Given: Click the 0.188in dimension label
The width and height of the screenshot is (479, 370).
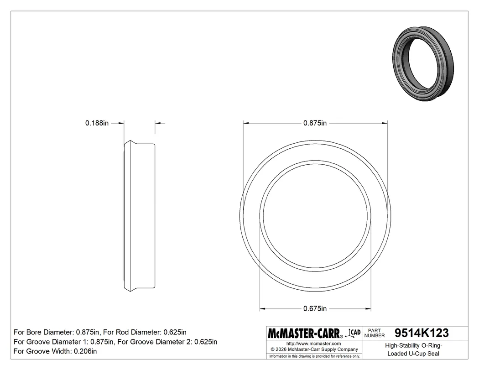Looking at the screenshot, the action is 97,123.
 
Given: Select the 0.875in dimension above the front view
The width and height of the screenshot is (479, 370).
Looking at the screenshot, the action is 315,123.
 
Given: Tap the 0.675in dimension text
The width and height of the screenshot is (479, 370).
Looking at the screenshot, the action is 315,309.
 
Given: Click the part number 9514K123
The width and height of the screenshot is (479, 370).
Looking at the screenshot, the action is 422,333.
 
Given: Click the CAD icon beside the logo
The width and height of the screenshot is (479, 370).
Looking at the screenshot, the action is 353,333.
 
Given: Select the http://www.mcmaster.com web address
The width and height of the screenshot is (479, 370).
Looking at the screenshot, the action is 313,344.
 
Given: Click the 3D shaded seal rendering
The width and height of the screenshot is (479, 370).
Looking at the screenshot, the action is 423,63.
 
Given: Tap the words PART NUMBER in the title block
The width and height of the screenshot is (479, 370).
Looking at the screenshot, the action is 375,333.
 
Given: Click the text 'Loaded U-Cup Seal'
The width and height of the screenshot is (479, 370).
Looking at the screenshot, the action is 413,354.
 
